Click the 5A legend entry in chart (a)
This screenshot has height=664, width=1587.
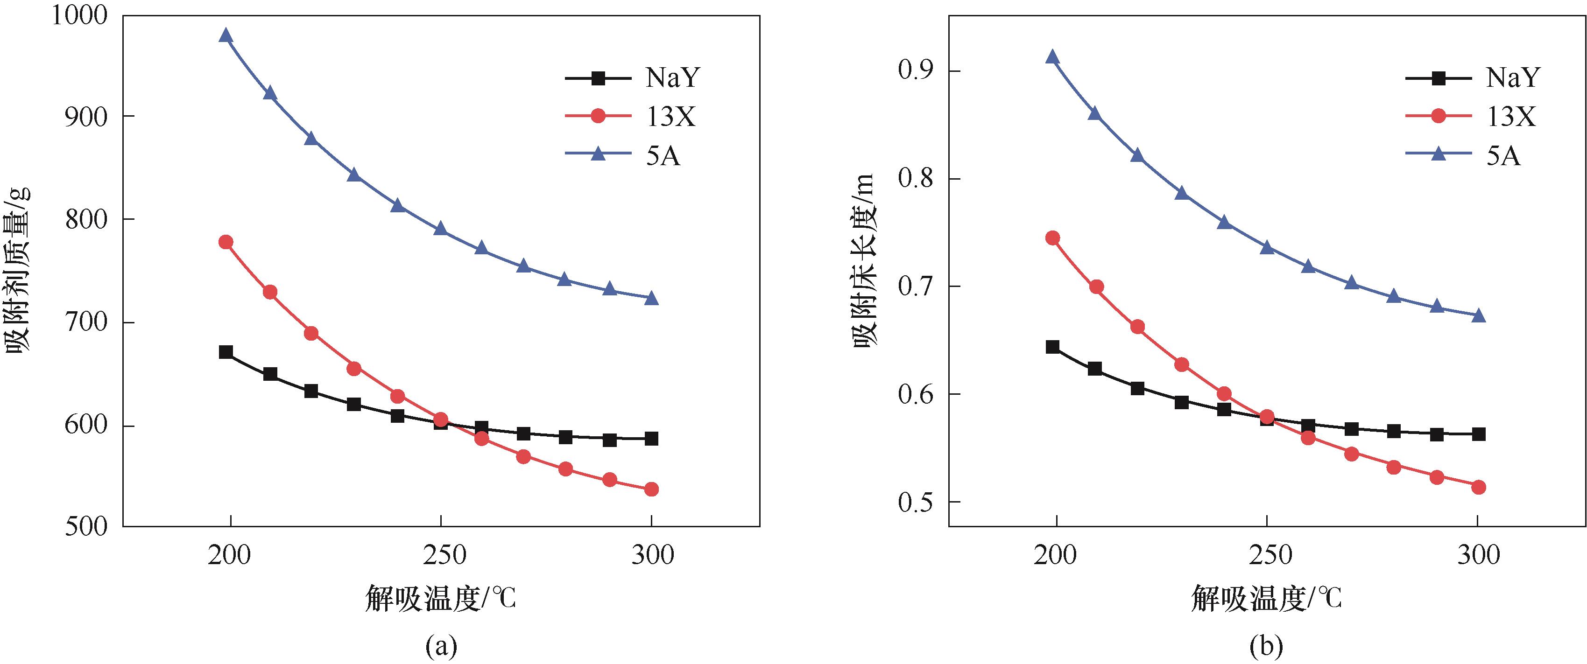[623, 156]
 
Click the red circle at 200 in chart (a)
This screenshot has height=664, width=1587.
[226, 242]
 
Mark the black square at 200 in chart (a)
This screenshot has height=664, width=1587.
[226, 352]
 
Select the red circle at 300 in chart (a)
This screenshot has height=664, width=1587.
[651, 489]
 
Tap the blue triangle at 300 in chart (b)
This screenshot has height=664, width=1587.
[1479, 316]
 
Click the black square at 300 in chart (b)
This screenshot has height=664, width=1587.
[1479, 434]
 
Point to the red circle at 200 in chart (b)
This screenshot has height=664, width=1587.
[1053, 238]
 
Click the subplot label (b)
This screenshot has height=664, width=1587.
[1266, 646]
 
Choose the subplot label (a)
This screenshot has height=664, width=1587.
[441, 646]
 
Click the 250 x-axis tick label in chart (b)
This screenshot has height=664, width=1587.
[1267, 556]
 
